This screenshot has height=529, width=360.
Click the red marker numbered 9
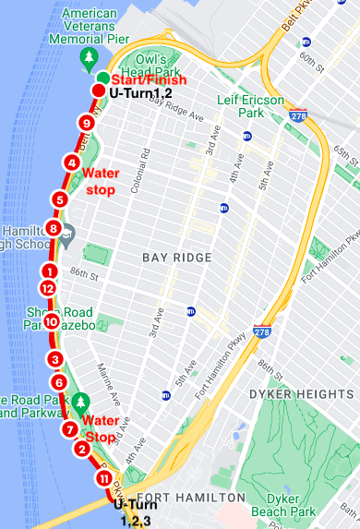87,123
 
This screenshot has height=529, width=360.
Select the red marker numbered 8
54,228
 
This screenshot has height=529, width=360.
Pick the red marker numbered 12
48,288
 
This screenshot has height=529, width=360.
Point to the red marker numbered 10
51,322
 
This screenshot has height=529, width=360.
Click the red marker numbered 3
55,360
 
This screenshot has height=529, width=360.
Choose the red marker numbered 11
103,479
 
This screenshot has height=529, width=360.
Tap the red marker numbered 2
81,450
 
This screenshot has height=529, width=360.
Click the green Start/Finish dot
102,77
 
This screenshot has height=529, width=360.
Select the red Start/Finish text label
149,80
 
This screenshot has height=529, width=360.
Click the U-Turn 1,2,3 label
133,512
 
